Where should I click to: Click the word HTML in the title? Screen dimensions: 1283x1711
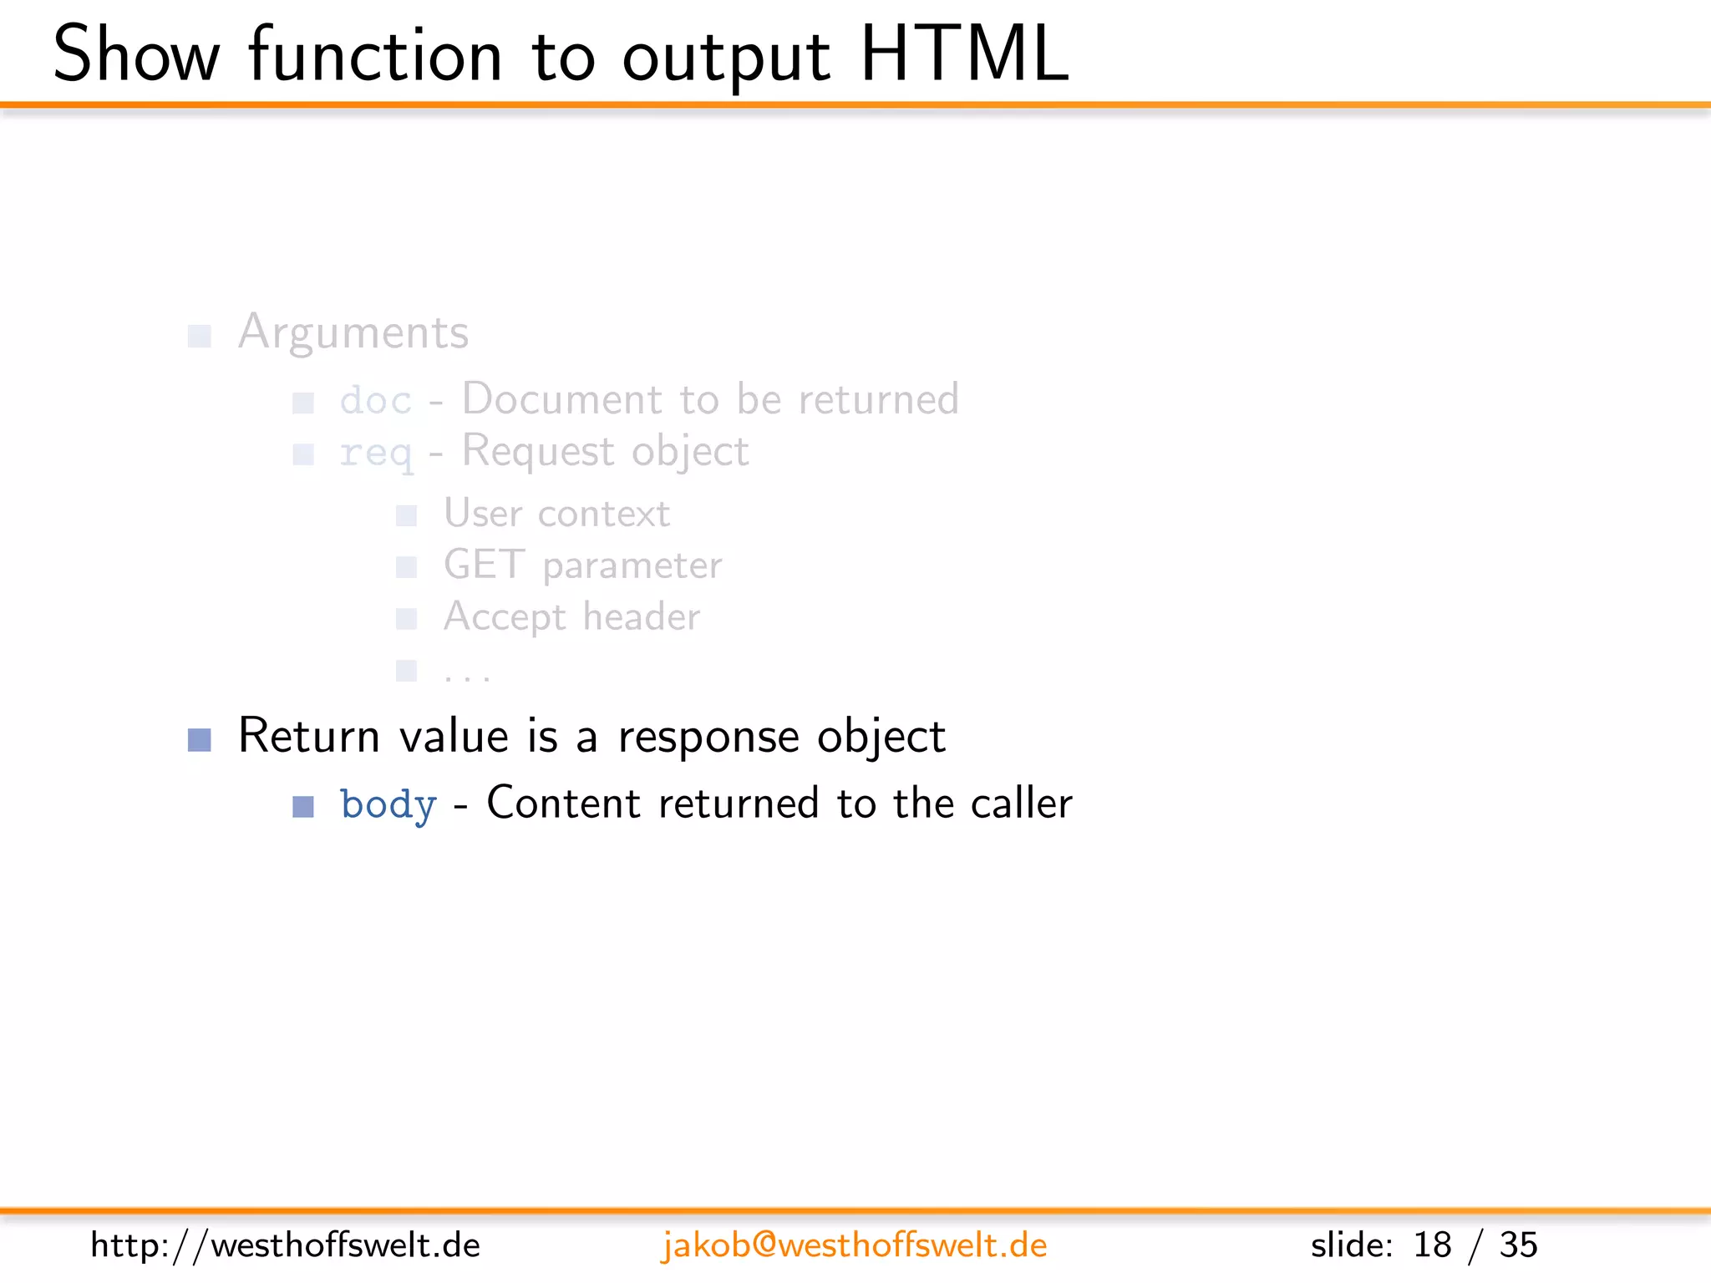(964, 55)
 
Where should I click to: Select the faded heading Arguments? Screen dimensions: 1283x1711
(353, 333)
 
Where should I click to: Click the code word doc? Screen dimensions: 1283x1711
(375, 401)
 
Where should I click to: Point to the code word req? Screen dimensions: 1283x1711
(375, 454)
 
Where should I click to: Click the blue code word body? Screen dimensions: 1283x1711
(388, 805)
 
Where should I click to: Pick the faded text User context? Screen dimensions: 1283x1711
(556, 514)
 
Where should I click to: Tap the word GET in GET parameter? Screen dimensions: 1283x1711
(484, 565)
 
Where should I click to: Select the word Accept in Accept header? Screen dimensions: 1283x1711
(505, 618)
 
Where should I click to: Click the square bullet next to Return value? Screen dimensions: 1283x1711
(200, 739)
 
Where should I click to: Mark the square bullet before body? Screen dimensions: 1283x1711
(303, 806)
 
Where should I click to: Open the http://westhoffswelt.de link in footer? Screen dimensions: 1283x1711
(285, 1245)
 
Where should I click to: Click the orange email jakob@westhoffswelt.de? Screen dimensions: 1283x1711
(854, 1245)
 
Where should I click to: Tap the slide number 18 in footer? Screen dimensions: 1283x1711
(1432, 1245)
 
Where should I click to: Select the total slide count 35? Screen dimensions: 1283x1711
(1518, 1245)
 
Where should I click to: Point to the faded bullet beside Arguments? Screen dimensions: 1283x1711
(200, 336)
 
